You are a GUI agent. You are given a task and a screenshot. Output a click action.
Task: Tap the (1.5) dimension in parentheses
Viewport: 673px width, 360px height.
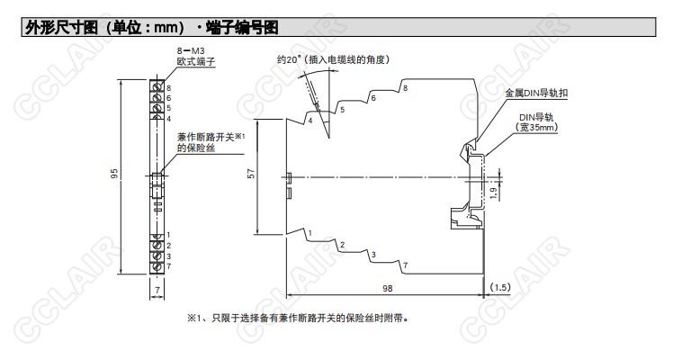pos(500,286)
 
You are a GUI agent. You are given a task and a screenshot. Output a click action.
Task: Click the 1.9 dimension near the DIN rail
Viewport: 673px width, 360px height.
pos(493,191)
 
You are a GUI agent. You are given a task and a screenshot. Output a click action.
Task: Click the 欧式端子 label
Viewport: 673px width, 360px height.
pos(196,65)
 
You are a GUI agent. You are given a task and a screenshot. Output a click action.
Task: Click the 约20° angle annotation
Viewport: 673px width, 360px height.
pos(332,59)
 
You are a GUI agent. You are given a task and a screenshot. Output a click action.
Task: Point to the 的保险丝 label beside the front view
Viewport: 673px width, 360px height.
pos(197,146)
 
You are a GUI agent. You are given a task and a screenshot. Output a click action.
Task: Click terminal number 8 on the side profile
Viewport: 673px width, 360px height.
pos(405,87)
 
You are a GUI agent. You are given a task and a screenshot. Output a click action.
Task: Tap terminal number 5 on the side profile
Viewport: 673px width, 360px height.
pos(342,109)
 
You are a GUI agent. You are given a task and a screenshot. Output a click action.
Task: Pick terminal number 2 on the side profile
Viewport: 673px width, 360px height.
pos(341,245)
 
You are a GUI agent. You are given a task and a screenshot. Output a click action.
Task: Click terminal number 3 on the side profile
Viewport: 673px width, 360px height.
pos(372,256)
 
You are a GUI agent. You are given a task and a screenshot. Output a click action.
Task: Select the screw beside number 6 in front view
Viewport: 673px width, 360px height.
pos(157,97)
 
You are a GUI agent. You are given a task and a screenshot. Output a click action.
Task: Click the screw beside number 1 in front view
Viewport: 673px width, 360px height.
pos(157,235)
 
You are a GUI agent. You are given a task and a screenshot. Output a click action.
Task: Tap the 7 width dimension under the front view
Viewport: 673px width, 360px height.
pos(157,289)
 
